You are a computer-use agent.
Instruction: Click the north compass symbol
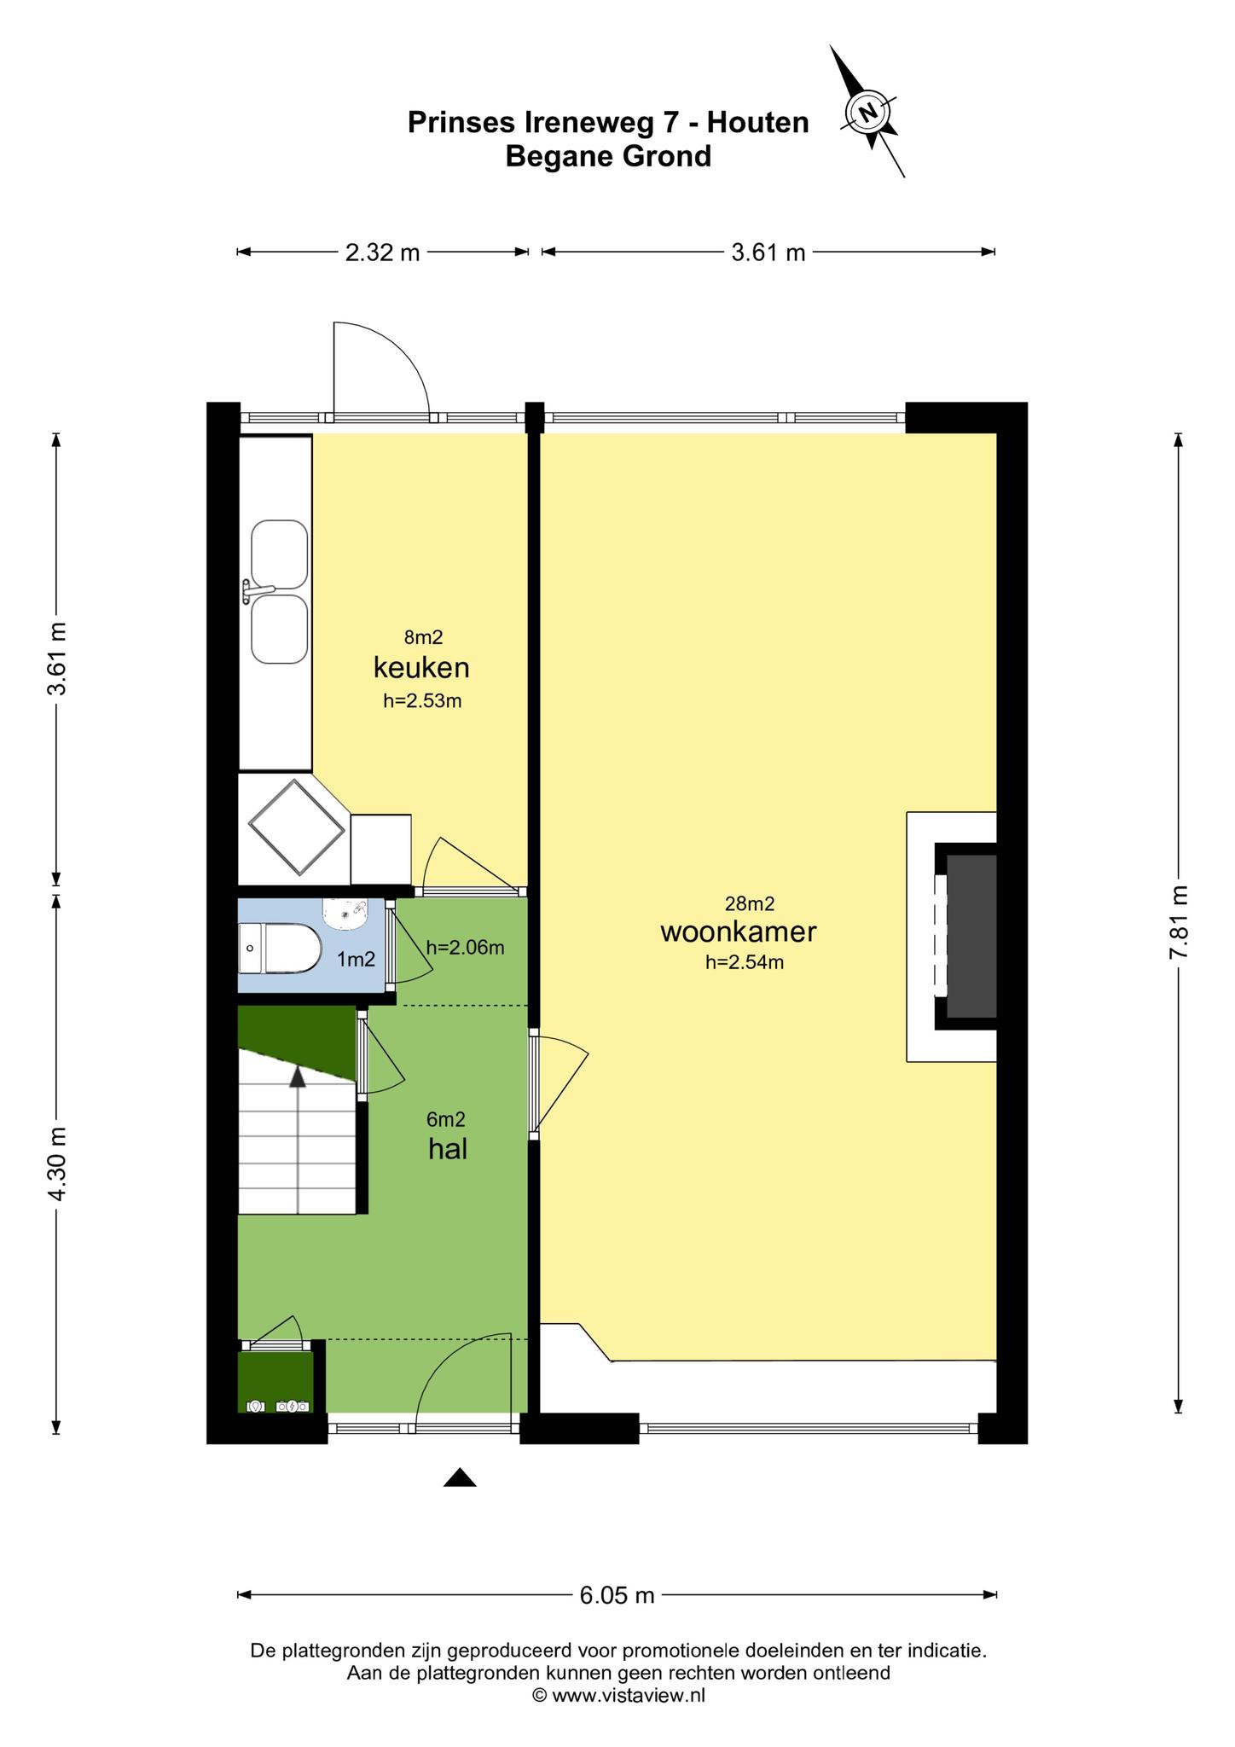pyautogui.click(x=868, y=112)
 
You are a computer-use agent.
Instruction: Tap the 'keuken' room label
pyautogui.click(x=421, y=667)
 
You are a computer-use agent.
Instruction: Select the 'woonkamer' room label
pyautogui.click(x=739, y=932)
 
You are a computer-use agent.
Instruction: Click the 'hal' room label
pyautogui.click(x=448, y=1149)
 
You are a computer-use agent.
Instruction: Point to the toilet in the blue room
pyautogui.click(x=280, y=949)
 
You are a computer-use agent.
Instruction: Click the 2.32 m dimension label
pyautogui.click(x=383, y=252)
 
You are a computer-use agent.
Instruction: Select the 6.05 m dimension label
pyautogui.click(x=617, y=1595)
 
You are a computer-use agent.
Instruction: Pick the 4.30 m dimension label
pyautogui.click(x=56, y=1164)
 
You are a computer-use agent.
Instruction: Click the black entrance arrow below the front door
pyautogui.click(x=460, y=1477)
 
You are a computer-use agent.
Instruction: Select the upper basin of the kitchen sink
pyautogui.click(x=280, y=554)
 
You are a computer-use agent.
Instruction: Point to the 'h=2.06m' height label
pyautogui.click(x=465, y=947)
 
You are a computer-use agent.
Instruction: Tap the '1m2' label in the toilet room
pyautogui.click(x=356, y=960)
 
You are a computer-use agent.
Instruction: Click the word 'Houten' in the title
pyautogui.click(x=757, y=123)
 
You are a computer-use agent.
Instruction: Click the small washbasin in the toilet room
pyautogui.click(x=345, y=914)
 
